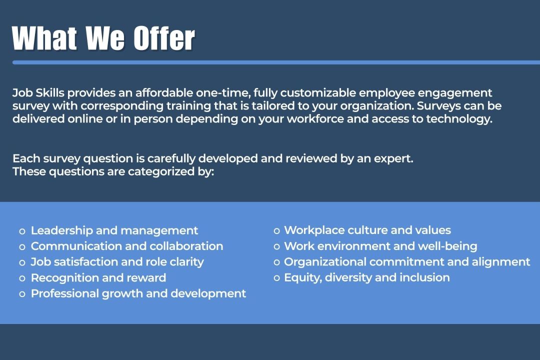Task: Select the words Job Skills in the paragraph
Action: [x=38, y=93]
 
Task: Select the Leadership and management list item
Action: [x=114, y=230]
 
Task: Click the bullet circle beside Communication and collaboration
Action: [x=22, y=247]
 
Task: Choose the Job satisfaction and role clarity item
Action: [x=117, y=262]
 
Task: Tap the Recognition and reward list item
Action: [x=98, y=278]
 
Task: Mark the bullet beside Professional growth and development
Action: [x=22, y=294]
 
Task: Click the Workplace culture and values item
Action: [x=367, y=230]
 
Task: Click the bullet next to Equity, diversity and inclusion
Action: [x=276, y=278]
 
